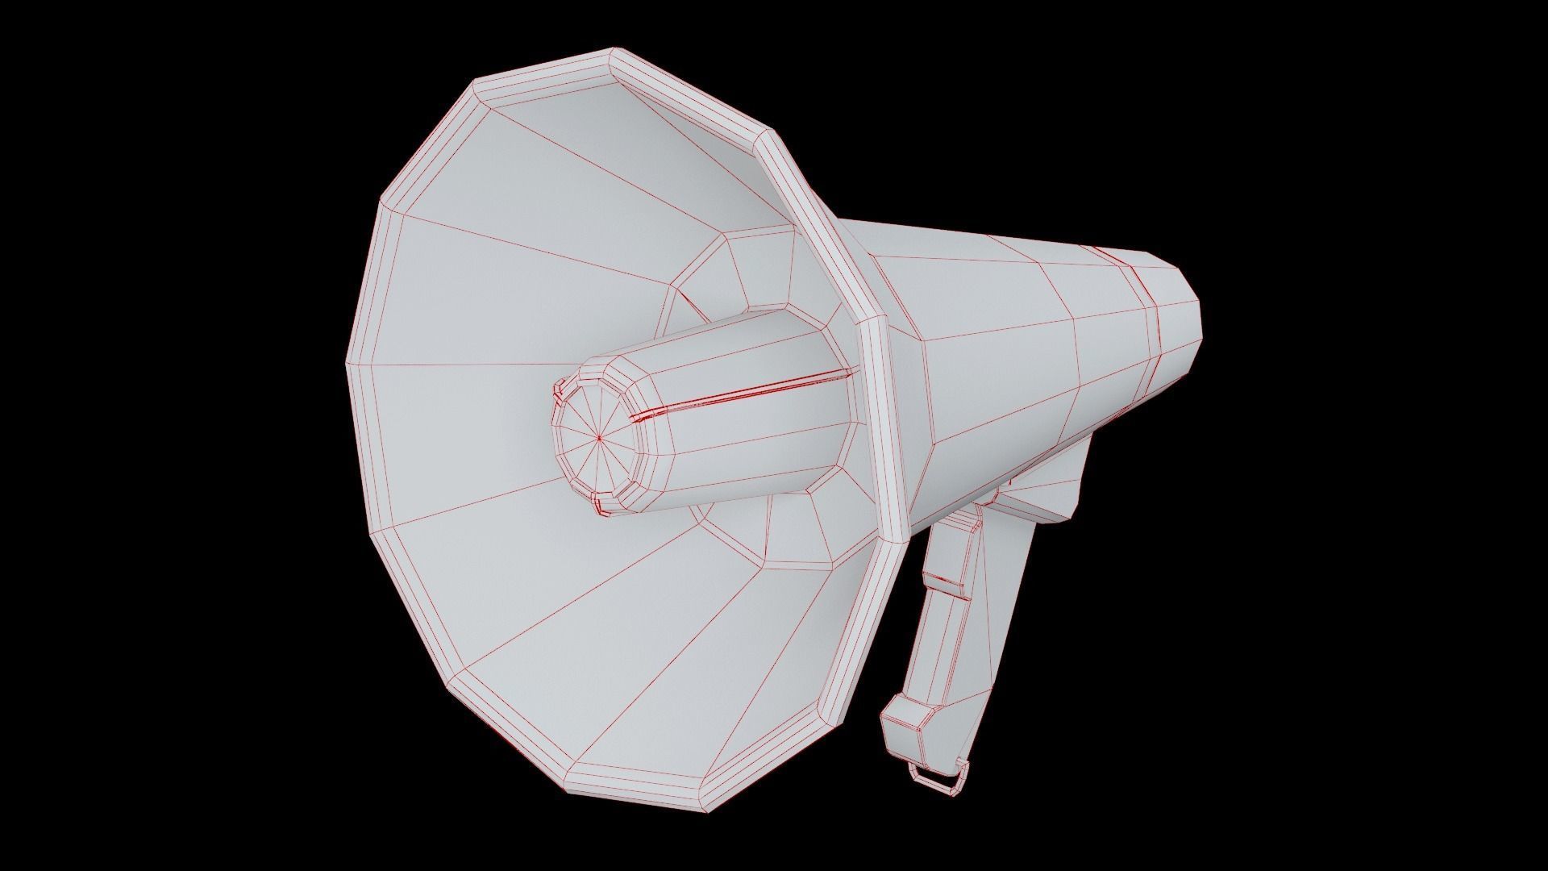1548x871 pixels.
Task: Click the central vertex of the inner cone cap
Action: point(600,438)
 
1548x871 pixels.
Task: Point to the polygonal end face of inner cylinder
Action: point(597,440)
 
